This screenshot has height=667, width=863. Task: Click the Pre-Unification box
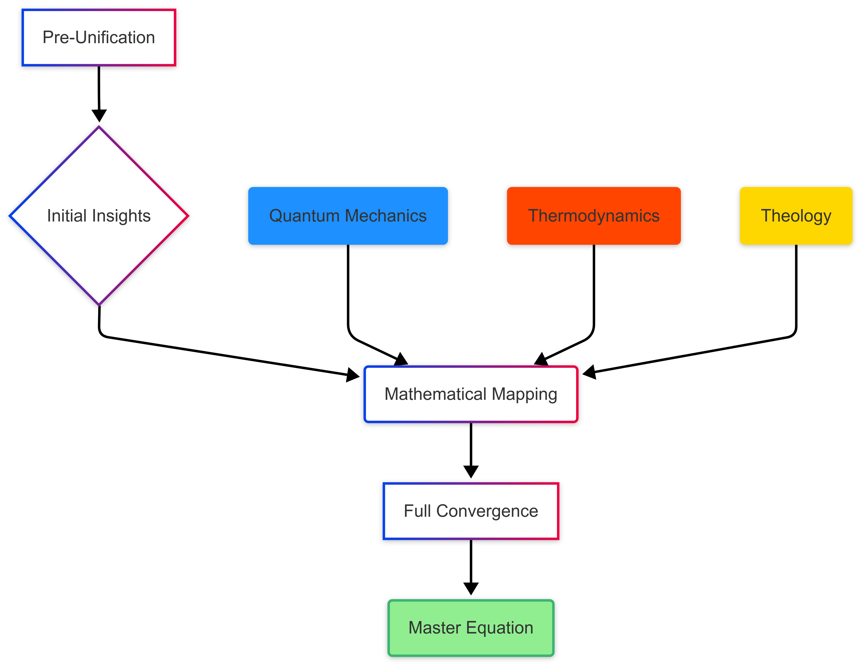99,38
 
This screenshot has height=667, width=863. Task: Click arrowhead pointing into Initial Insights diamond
99,115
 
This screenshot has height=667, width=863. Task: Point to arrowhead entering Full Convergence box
471,472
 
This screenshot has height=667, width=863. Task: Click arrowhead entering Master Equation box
471,588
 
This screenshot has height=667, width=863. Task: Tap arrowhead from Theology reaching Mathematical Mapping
589,372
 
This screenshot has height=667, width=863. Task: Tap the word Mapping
524,394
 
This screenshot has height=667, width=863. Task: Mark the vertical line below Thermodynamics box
594,285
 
